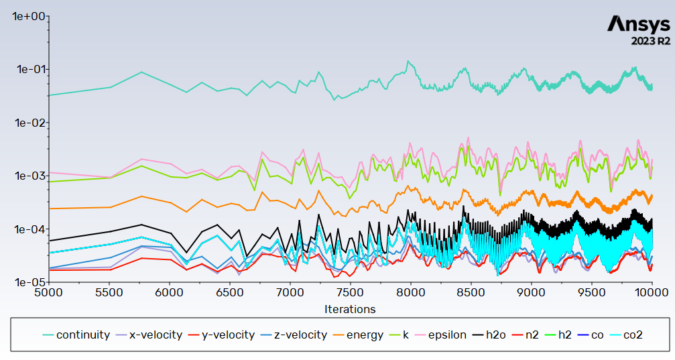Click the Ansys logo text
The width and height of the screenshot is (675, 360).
(637, 24)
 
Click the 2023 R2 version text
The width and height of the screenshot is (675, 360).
(650, 42)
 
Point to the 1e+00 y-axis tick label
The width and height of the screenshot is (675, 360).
(27, 16)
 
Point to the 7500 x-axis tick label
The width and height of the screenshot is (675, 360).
(350, 293)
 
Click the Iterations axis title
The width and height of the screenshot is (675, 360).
(349, 309)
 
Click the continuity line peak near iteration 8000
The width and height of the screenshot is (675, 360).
(408, 61)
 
